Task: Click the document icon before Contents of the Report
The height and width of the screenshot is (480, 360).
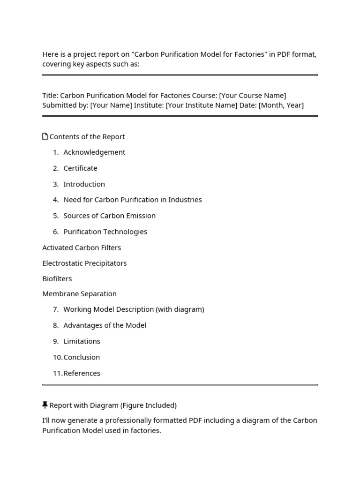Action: coord(45,136)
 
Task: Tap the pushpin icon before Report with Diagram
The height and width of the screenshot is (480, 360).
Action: coord(45,405)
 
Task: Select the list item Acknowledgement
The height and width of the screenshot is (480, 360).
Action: coord(94,152)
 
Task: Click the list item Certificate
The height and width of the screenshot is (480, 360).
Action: coord(80,168)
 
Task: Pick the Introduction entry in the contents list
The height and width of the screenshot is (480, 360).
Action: coord(84,184)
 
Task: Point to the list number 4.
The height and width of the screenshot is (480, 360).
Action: coord(55,200)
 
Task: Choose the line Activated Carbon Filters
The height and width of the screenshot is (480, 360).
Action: coord(82,247)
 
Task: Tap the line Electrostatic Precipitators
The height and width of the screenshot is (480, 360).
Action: coord(84,263)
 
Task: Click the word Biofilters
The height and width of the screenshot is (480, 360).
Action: coord(57,279)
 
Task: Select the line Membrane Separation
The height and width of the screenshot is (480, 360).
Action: coord(79,294)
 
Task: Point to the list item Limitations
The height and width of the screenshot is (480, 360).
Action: coord(82,341)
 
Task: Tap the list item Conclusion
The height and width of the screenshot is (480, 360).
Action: coord(82,357)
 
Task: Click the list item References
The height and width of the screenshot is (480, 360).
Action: coord(82,373)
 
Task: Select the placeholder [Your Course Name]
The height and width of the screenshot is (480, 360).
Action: coord(252,96)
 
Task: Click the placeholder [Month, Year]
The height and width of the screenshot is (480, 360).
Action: coord(281,105)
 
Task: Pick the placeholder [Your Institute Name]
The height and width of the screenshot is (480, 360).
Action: coord(201,105)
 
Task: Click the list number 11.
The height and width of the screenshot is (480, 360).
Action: coord(57,373)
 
